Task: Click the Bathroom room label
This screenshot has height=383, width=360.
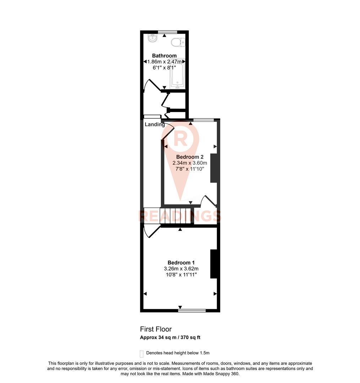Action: [x=164, y=56]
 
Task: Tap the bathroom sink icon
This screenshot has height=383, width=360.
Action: [x=153, y=38]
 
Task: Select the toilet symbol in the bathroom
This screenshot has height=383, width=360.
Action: [x=177, y=42]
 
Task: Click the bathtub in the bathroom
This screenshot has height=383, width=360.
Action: [x=177, y=74]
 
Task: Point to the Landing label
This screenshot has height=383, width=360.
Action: [x=155, y=124]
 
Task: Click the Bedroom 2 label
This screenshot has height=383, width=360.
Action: [x=190, y=157]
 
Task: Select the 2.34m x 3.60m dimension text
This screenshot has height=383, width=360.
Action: [x=190, y=163]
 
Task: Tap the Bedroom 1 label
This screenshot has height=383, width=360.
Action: [x=179, y=262]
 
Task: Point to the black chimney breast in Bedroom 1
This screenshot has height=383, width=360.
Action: [x=214, y=264]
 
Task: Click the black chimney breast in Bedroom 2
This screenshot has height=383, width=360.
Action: [x=214, y=168]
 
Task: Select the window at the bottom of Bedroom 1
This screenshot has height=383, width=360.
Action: [x=192, y=311]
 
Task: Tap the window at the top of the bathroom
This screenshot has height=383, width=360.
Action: [x=168, y=32]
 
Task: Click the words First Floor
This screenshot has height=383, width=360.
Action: [x=156, y=329]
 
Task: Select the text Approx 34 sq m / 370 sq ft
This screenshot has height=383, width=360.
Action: [x=170, y=338]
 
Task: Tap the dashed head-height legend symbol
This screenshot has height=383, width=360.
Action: [x=142, y=354]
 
